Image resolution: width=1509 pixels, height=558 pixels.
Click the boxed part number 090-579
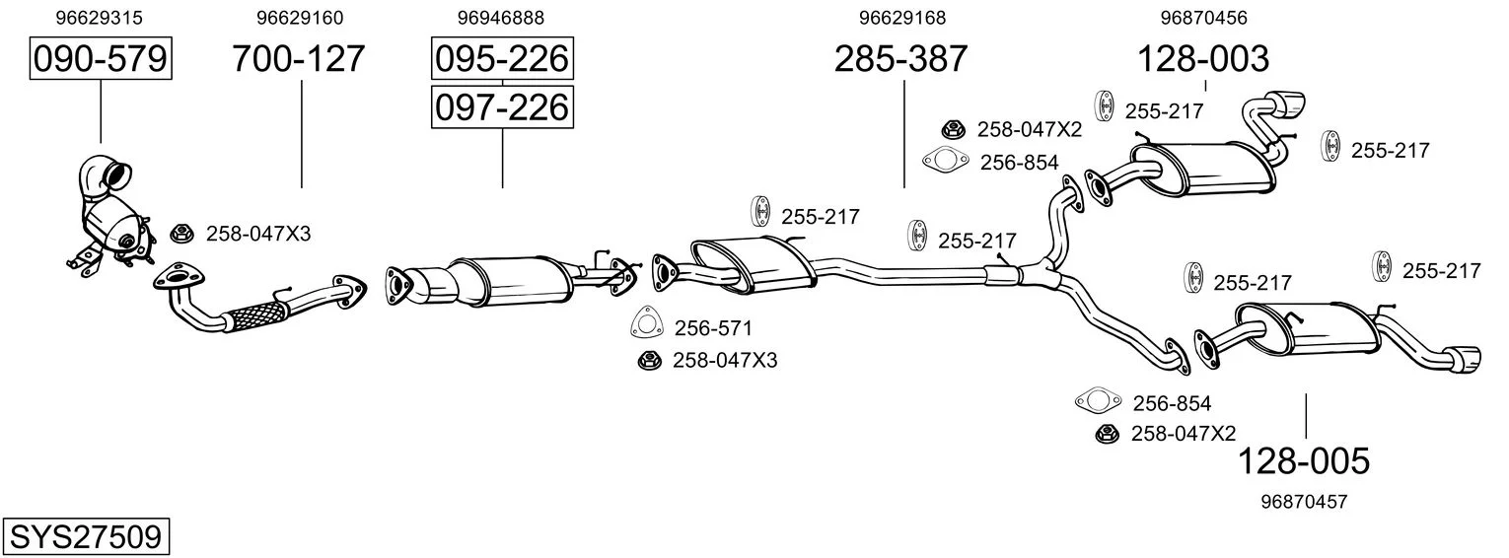click(x=101, y=58)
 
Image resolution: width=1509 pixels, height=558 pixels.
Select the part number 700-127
click(x=299, y=58)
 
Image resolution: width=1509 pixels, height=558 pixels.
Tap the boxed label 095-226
click(x=502, y=58)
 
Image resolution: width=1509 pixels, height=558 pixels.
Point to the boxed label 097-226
click(x=502, y=107)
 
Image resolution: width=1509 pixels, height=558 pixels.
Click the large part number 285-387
click(x=900, y=58)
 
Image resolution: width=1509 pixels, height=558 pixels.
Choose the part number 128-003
click(x=1203, y=58)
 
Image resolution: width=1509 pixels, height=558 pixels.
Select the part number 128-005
click(x=1304, y=461)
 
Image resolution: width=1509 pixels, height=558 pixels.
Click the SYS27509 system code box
click(x=86, y=537)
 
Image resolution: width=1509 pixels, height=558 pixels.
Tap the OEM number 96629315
click(x=99, y=18)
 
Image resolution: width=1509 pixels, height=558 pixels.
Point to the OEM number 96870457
click(x=1304, y=502)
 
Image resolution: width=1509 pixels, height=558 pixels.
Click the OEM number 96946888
click(x=500, y=18)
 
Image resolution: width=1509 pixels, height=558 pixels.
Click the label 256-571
click(x=713, y=328)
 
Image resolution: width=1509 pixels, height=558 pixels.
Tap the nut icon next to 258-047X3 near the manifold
click(x=181, y=234)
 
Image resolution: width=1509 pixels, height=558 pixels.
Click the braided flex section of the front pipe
click(x=255, y=316)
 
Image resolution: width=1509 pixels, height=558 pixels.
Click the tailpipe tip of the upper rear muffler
click(x=1288, y=105)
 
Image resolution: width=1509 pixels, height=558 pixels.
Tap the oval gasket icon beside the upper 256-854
click(x=945, y=160)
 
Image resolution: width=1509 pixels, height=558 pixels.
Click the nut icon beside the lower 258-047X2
click(x=1107, y=434)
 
